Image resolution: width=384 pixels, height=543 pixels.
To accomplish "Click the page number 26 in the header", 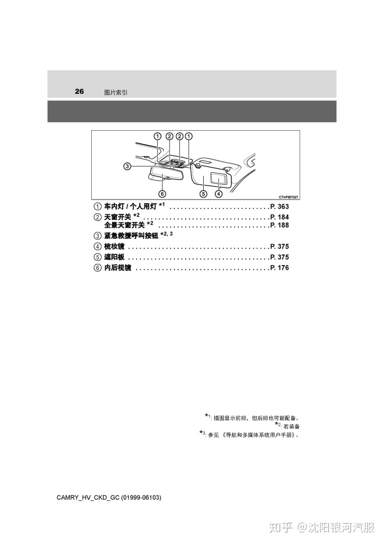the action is (x=79, y=91).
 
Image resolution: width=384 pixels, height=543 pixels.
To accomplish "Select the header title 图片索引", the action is (x=116, y=92).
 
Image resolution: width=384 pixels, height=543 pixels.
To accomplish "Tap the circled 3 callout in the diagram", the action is (x=127, y=166).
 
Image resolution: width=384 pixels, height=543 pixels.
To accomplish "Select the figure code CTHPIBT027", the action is (x=289, y=197).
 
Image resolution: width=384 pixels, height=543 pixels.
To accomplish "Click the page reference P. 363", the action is (x=279, y=206).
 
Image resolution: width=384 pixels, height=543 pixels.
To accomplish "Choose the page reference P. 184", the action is (x=279, y=217).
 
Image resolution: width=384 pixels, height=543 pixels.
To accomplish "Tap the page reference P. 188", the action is (x=279, y=225).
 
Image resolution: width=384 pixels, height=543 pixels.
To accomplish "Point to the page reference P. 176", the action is (x=279, y=268).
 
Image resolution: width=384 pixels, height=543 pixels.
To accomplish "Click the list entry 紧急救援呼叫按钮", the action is (x=131, y=235).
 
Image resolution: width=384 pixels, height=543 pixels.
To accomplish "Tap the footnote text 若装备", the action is (x=291, y=426).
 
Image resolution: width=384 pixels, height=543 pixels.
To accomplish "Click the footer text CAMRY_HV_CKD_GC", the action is (x=88, y=498).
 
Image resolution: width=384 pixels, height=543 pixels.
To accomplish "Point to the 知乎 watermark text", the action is (x=281, y=528).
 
